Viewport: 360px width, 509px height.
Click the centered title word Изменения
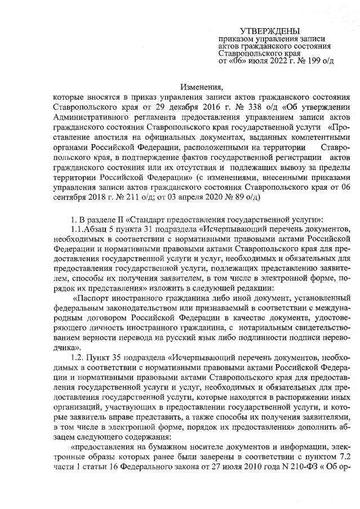pos(202,87)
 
